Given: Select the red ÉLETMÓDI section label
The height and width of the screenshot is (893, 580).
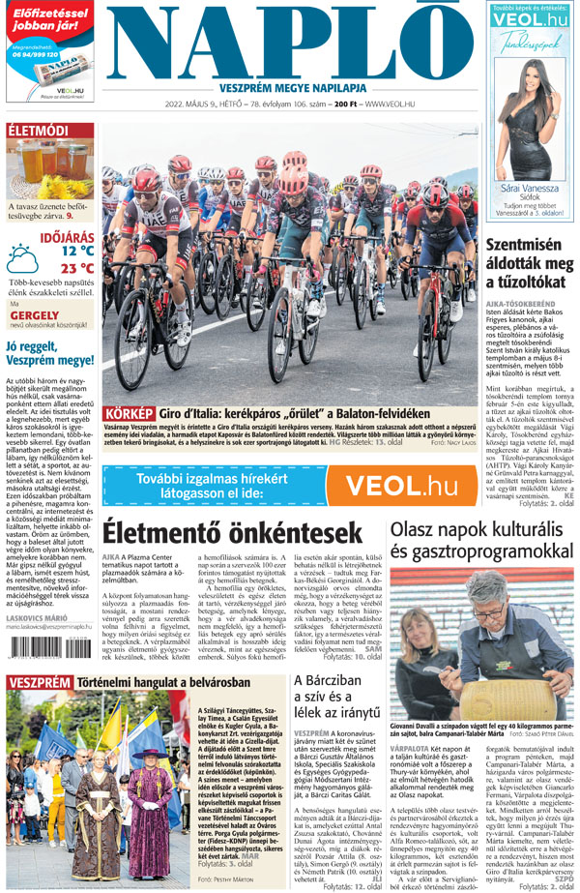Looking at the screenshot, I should pyautogui.click(x=38, y=131).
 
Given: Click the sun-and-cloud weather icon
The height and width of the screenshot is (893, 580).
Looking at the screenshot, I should pyautogui.click(x=23, y=259).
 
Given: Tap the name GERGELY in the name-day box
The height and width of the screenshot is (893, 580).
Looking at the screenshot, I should pyautogui.click(x=28, y=315).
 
